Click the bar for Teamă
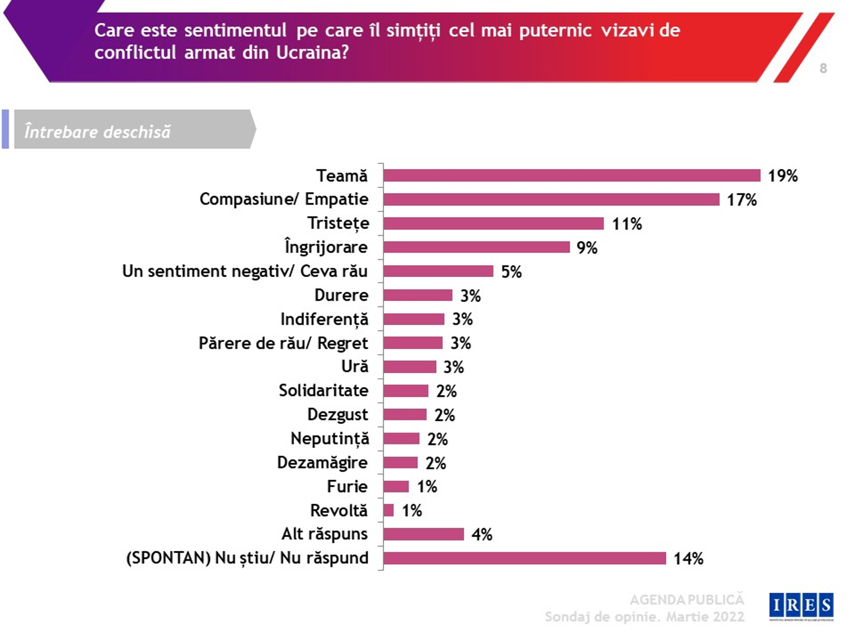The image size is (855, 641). (572, 175)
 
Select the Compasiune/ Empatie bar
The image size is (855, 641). (551, 199)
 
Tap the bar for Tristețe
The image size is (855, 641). (493, 223)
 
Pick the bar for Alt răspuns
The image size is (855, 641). (424, 534)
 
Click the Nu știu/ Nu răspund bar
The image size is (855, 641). (524, 558)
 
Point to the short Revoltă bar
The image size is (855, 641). (389, 510)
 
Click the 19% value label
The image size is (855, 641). (783, 175)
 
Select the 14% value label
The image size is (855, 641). (689, 558)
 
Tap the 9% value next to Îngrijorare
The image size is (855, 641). (587, 248)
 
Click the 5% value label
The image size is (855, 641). (511, 272)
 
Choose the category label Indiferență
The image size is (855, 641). (324, 320)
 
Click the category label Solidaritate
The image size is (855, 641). (323, 391)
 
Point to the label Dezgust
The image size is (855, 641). (337, 415)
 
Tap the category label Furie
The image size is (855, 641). (347, 487)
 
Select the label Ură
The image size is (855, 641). (355, 366)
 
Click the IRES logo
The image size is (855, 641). (801, 606)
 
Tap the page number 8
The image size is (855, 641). (823, 68)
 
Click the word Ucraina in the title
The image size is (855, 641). (312, 52)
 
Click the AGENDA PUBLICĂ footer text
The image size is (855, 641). (687, 599)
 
